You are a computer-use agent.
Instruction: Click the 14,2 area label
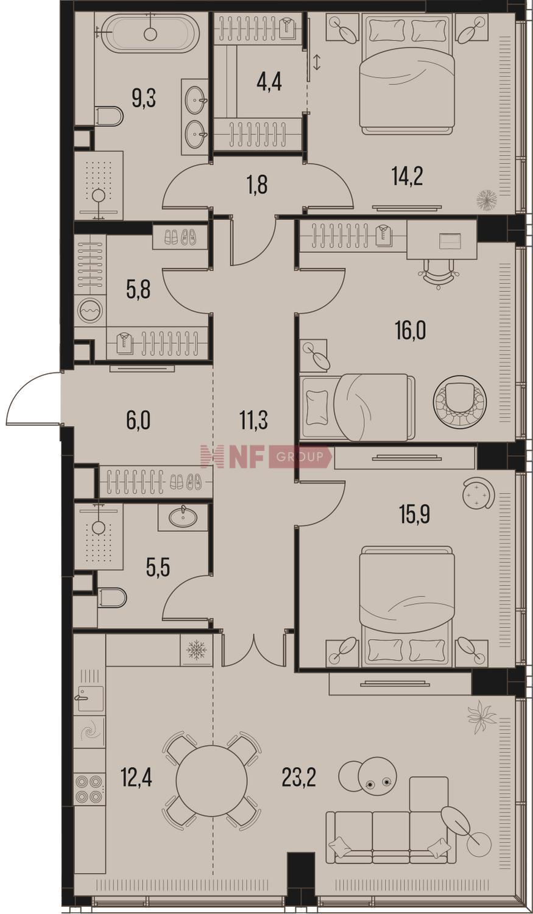pyautogui.click(x=408, y=176)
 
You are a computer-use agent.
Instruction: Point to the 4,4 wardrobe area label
pyautogui.click(x=269, y=82)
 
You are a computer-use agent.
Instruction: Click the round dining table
pyautogui.click(x=211, y=781)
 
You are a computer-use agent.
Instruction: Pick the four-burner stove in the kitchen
pyautogui.click(x=90, y=789)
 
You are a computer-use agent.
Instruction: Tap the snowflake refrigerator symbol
pyautogui.click(x=197, y=650)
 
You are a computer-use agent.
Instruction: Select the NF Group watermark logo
pyautogui.click(x=266, y=456)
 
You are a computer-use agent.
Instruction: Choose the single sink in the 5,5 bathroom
pyautogui.click(x=183, y=517)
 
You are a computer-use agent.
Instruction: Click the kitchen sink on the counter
pyautogui.click(x=91, y=699)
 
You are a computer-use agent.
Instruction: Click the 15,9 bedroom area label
pyautogui.click(x=415, y=514)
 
